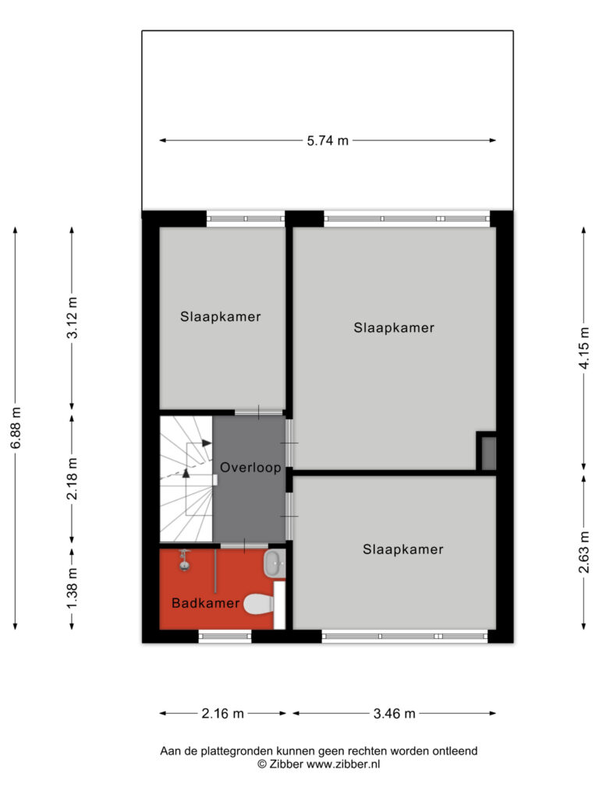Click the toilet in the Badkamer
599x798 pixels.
coord(259,604)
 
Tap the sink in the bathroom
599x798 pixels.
coord(275,563)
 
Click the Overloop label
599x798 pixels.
coord(250,468)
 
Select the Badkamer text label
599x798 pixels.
coord(205,603)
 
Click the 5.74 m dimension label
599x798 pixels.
coord(328,140)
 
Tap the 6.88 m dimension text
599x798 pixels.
coord(16,428)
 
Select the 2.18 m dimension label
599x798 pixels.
coord(73,478)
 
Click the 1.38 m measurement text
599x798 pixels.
coord(73,588)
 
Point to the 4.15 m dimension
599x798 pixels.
coord(584,348)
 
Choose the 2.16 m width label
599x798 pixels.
coord(222,714)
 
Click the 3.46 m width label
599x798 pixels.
coord(394,714)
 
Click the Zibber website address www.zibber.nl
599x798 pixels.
coord(343,764)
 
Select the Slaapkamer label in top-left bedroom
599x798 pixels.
coord(221,316)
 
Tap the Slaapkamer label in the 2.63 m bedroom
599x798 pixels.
coord(403,549)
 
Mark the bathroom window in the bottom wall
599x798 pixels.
coord(225,635)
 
